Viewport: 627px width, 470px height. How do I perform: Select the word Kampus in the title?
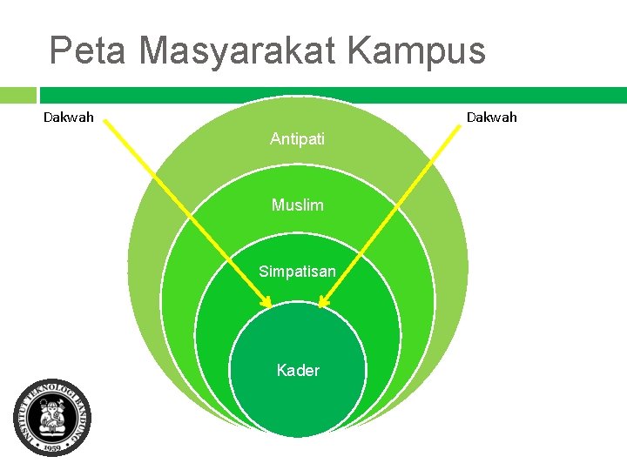coord(416,51)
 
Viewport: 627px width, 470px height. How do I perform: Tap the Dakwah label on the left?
coord(69,117)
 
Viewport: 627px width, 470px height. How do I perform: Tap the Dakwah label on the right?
coord(491,117)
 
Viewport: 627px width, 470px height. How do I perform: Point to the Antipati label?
coord(297,138)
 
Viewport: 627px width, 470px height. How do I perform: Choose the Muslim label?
coord(297,205)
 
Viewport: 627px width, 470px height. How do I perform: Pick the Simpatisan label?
coord(297,272)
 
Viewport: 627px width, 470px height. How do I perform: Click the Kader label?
coord(298,371)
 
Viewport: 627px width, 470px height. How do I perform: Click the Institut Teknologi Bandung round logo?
coord(52,418)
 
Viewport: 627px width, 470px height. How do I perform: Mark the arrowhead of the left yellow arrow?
coord(267,302)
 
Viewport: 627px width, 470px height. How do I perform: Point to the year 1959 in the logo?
coord(52,447)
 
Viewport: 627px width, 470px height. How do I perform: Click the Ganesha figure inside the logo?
coord(52,416)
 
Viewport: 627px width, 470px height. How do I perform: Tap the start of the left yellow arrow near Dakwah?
coord(105,124)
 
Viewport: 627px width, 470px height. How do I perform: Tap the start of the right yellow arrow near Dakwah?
coord(459,125)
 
